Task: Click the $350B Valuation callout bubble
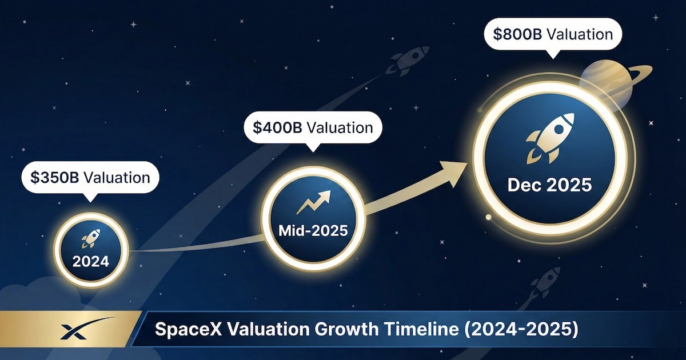(x=90, y=178)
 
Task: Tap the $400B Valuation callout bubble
(x=313, y=127)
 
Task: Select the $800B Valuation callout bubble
(x=553, y=34)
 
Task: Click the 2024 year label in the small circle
(x=91, y=261)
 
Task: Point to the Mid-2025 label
(x=313, y=230)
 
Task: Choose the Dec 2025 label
(x=550, y=185)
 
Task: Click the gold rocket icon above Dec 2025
(x=550, y=138)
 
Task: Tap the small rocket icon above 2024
(x=91, y=238)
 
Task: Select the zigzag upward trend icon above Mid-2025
(x=314, y=202)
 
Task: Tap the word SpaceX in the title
(x=188, y=329)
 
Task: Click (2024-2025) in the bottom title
(x=521, y=329)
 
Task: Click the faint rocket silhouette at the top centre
(x=407, y=61)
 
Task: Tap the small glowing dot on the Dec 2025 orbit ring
(x=488, y=217)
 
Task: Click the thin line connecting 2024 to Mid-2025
(x=196, y=247)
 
